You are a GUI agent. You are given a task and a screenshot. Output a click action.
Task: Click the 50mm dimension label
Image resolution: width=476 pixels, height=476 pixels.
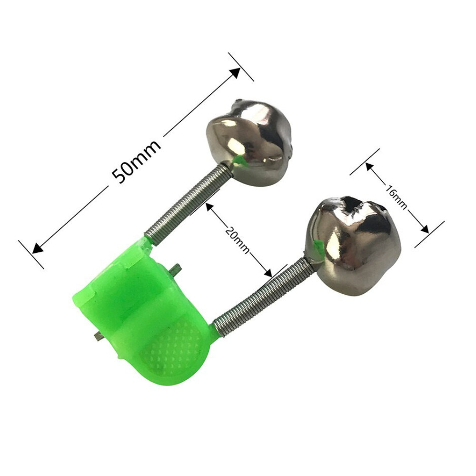pos(136,162)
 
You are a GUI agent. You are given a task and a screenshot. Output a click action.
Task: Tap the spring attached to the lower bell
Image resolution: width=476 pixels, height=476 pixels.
pos(265,296)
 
